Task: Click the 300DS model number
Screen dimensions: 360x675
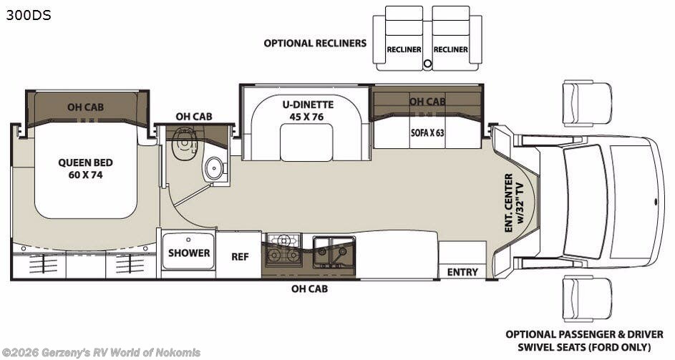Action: coord(29,14)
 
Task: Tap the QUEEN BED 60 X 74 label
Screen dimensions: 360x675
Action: coord(85,169)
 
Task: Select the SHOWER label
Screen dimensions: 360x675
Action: coord(189,253)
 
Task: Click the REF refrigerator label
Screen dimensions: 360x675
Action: coord(239,256)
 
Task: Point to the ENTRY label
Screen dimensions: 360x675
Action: coord(462,272)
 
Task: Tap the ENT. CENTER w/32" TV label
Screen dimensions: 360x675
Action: coord(513,203)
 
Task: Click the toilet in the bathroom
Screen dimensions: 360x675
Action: coord(185,141)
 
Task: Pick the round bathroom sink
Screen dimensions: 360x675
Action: coord(213,168)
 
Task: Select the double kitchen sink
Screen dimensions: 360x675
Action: coord(333,251)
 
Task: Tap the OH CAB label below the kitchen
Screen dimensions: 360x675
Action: coord(309,289)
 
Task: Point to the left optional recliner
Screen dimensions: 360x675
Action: coord(404,39)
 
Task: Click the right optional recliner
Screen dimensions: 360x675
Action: coord(450,39)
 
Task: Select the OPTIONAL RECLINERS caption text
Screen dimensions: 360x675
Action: coord(315,43)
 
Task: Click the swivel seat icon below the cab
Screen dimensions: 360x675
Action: coord(587,298)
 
